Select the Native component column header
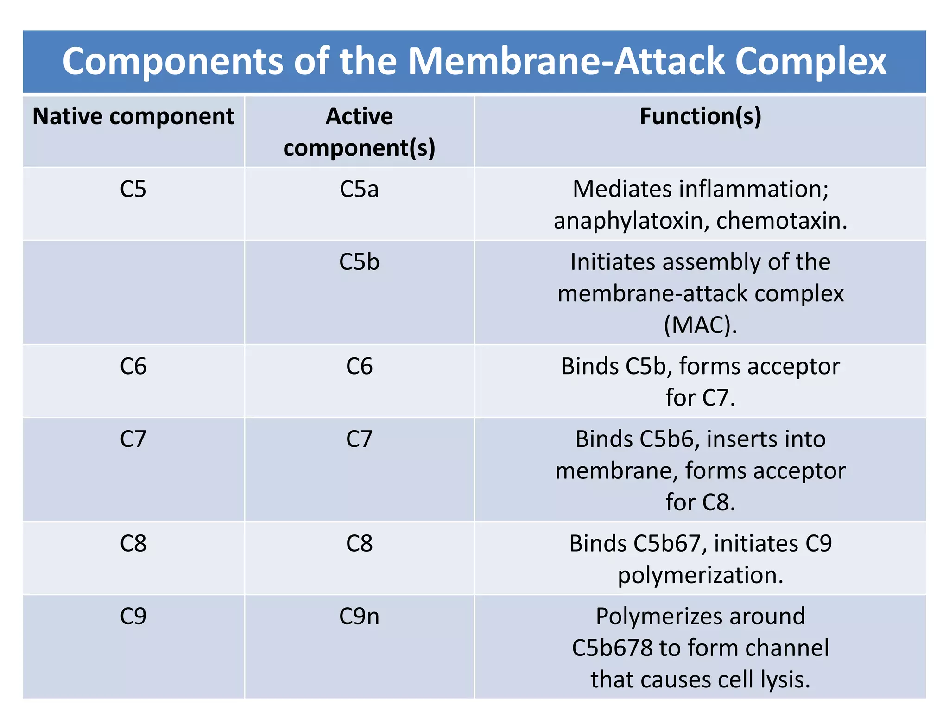[x=133, y=116]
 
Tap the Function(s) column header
[x=700, y=116]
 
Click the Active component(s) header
[x=359, y=132]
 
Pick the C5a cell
[x=359, y=189]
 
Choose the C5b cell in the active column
[x=359, y=262]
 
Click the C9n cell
[x=359, y=617]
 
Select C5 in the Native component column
[x=133, y=189]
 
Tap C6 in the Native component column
[x=133, y=366]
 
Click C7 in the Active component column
[x=359, y=439]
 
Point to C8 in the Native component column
[x=133, y=543]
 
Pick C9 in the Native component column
[x=133, y=617]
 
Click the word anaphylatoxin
[x=631, y=221]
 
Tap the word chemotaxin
[x=781, y=221]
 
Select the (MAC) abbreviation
[x=700, y=324]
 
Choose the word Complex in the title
[x=810, y=61]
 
